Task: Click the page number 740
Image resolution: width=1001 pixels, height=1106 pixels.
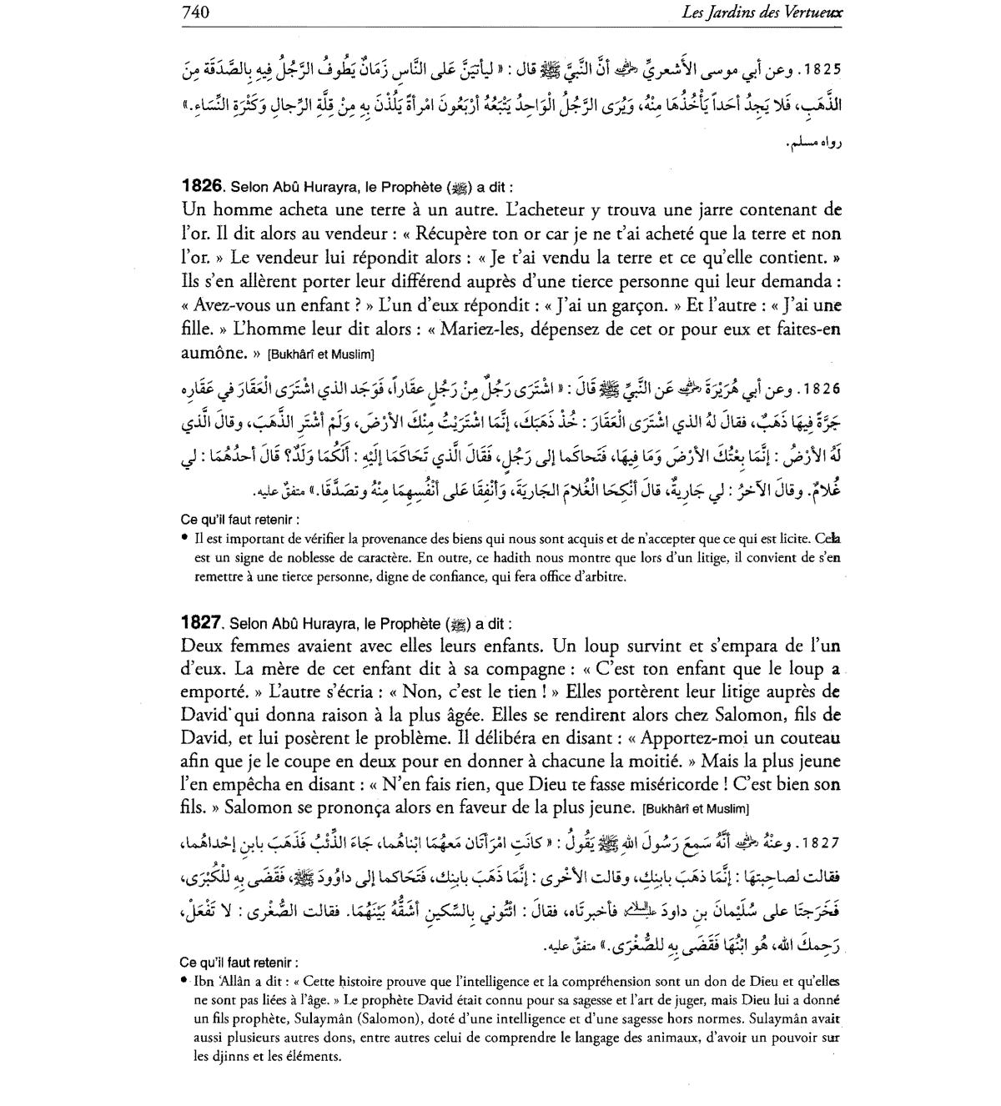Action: (x=194, y=12)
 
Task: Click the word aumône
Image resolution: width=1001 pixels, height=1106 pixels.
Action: (x=209, y=353)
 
